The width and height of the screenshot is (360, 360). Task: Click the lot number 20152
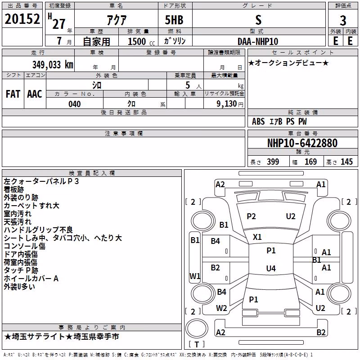pyautogui.click(x=22, y=19)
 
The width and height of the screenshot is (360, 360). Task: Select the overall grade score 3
pyautogui.click(x=343, y=21)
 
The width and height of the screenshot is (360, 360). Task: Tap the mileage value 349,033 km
pyautogui.click(x=53, y=65)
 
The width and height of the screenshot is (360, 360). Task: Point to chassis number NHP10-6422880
pyautogui.click(x=302, y=143)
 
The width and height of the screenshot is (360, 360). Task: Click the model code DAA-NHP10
pyautogui.click(x=258, y=41)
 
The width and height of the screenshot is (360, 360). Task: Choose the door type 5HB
pyautogui.click(x=174, y=20)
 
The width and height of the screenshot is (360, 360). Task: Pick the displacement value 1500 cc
pyautogui.click(x=141, y=41)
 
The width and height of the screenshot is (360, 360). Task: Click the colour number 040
pyautogui.click(x=75, y=104)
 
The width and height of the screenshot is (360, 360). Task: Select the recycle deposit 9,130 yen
pyautogui.click(x=230, y=104)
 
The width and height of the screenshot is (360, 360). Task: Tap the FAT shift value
pyautogui.click(x=13, y=94)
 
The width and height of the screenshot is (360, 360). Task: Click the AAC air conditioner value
pyautogui.click(x=35, y=94)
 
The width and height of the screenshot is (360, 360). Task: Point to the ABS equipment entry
pyautogui.click(x=258, y=121)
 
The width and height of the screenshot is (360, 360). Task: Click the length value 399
pyautogui.click(x=273, y=162)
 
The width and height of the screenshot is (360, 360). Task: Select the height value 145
pyautogui.click(x=346, y=162)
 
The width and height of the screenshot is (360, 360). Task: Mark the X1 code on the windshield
pyautogui.click(x=257, y=237)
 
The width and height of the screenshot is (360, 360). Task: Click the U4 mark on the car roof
pyautogui.click(x=271, y=268)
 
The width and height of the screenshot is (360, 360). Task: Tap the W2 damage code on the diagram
pyautogui.click(x=221, y=308)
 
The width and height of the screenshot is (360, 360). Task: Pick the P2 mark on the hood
pyautogui.click(x=251, y=216)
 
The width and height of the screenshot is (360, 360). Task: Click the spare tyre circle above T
pyautogui.click(x=197, y=328)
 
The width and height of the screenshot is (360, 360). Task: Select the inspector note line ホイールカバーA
pyautogui.click(x=31, y=279)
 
